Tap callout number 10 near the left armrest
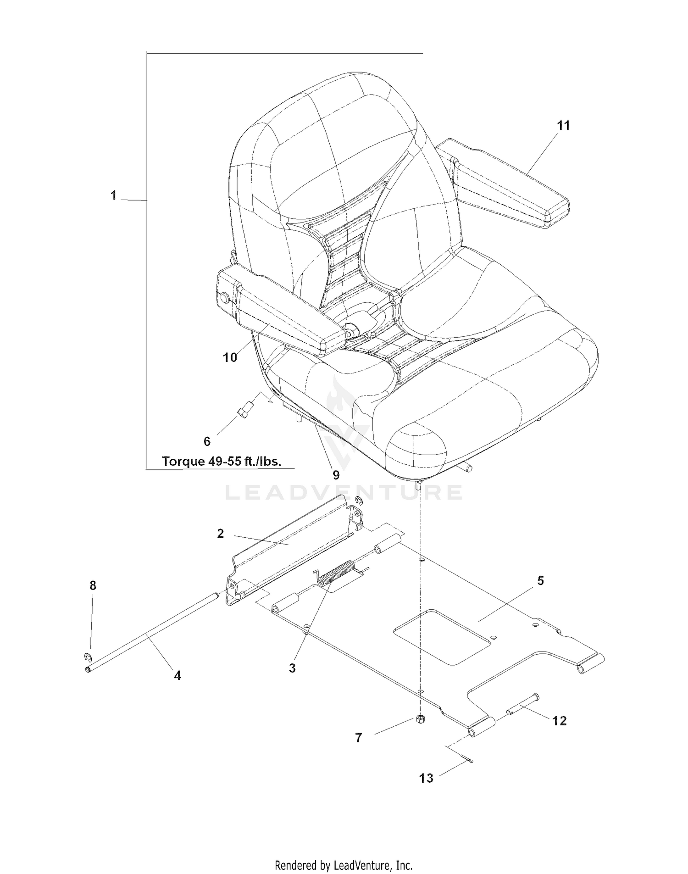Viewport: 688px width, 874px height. click(x=230, y=357)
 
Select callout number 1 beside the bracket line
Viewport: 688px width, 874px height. click(x=113, y=195)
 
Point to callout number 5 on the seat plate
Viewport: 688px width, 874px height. click(x=540, y=581)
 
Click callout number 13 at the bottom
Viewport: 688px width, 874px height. click(x=426, y=778)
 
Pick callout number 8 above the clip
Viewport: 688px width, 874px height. click(x=93, y=585)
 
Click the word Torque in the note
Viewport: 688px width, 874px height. click(x=182, y=461)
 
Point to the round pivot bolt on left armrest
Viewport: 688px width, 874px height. click(x=225, y=298)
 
